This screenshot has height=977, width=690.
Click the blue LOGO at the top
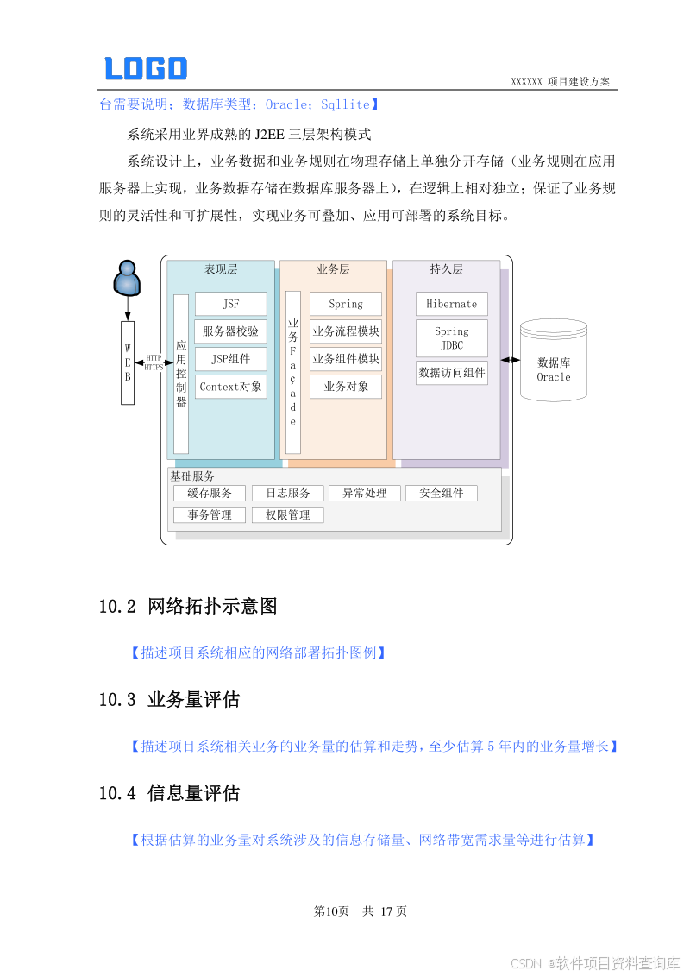coord(146,68)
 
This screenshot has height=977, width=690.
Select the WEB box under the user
coord(128,362)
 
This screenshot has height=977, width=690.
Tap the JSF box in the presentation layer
coord(230,304)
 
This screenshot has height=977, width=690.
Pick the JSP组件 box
coord(230,359)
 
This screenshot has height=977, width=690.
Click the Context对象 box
coord(230,387)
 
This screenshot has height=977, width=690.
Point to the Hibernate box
coord(451,304)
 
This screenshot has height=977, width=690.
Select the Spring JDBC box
coord(451,338)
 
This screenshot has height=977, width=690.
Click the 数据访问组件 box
coord(451,373)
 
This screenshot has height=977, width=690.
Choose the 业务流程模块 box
coord(346,331)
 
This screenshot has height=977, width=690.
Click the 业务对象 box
coord(346,387)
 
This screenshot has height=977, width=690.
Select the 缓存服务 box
coord(210,493)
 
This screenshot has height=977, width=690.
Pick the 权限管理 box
coord(287,515)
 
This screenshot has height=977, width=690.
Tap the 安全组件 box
coord(441,493)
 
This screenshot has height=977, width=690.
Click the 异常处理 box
coord(364,493)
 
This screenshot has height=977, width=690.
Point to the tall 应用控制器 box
coord(181,374)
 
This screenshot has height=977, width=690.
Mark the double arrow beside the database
coord(510,360)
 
